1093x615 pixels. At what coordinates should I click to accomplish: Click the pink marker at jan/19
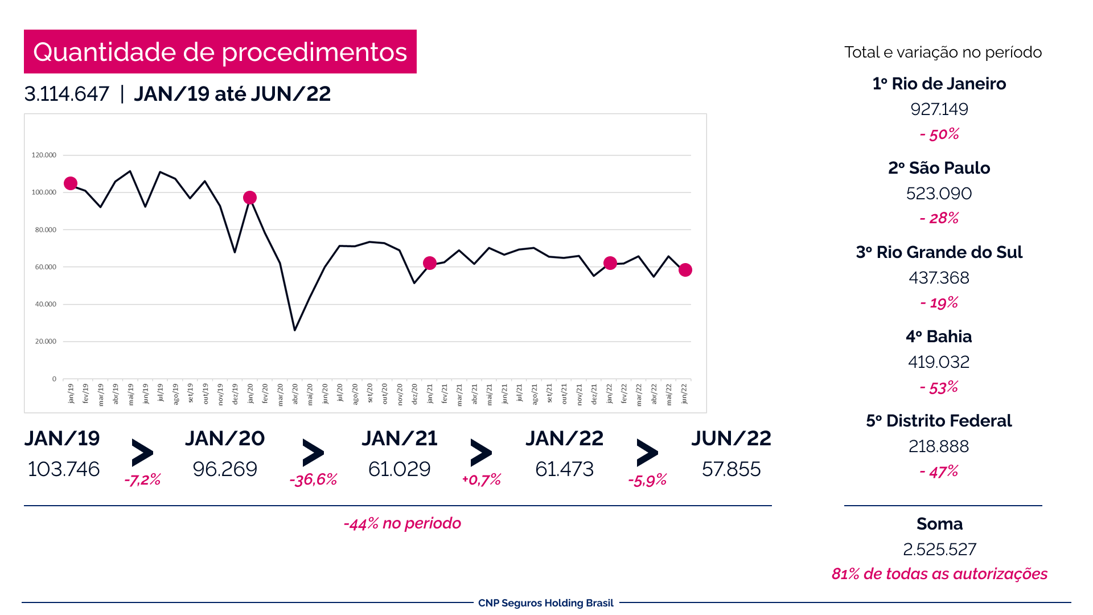[x=71, y=183]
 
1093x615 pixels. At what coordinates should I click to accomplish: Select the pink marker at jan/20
[x=250, y=198]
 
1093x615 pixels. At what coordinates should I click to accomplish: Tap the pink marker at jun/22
[x=685, y=270]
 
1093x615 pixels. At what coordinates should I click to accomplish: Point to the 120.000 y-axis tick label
[x=44, y=155]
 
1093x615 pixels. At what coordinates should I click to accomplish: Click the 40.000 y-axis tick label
[x=46, y=304]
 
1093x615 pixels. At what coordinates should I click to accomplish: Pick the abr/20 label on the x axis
[x=295, y=393]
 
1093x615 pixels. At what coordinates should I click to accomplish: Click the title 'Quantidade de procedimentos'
[x=220, y=52]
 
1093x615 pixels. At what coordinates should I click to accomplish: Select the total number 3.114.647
[x=67, y=94]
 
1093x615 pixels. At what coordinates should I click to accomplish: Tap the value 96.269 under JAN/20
[x=225, y=469]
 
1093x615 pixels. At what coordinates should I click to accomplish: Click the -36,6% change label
[x=313, y=479]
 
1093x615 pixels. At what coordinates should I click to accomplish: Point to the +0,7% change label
[x=481, y=479]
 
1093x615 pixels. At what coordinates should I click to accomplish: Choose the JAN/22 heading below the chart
[x=564, y=438]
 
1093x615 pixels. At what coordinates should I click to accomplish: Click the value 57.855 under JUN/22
[x=731, y=469]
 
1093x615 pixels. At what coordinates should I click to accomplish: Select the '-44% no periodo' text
[x=402, y=523]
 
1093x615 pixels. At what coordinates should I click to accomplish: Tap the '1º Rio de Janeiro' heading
[x=939, y=84]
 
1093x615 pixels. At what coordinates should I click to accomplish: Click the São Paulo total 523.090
[x=939, y=194]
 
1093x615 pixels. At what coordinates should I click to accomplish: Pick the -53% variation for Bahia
[x=939, y=387]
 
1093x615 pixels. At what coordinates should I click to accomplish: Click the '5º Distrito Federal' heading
[x=939, y=421]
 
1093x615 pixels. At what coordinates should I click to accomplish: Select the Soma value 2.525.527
[x=939, y=550]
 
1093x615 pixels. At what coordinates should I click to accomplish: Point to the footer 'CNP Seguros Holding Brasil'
[x=546, y=603]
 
